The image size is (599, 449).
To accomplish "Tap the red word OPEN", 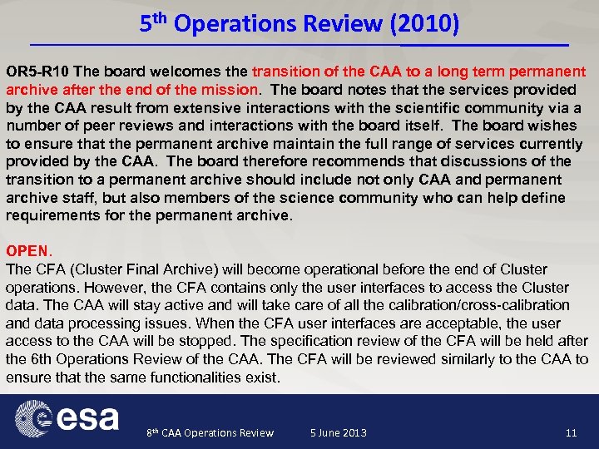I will (x=27, y=251).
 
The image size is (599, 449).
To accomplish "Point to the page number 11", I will (x=571, y=432).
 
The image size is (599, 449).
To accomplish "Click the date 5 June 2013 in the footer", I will (x=338, y=432).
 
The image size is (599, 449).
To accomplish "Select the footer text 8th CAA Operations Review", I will (x=210, y=432).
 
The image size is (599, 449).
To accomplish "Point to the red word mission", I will (x=233, y=89).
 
